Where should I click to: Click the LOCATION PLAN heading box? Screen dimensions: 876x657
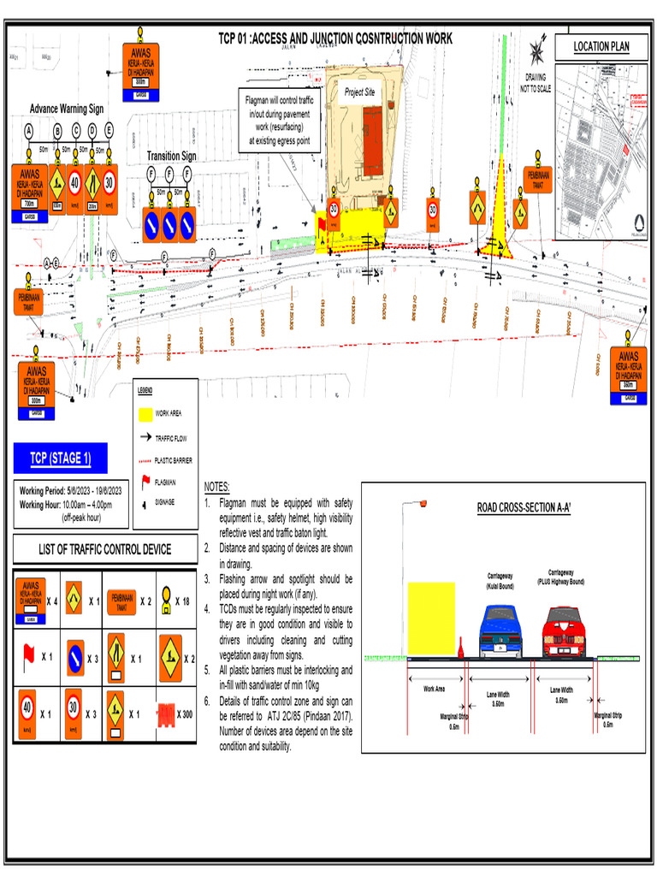601,46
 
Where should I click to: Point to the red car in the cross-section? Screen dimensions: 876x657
565,631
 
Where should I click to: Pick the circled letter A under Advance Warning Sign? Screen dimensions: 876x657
29,130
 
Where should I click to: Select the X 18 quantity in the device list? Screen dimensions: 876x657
185,601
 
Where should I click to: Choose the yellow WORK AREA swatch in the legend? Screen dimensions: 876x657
144,415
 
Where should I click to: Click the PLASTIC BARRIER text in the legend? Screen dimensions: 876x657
174,460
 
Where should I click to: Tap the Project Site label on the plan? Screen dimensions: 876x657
360,92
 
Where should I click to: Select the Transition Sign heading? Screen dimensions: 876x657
171,157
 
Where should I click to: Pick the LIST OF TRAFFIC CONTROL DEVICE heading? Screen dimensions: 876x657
104,549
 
